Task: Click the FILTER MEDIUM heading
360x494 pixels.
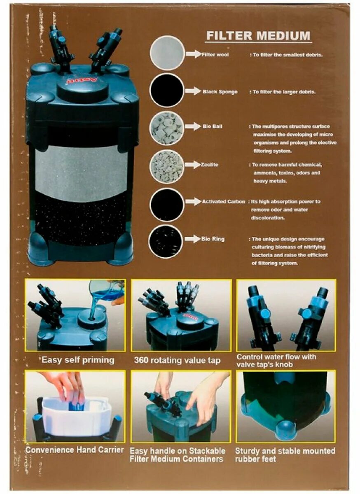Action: pyautogui.click(x=258, y=35)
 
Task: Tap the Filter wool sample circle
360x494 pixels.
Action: pyautogui.click(x=167, y=53)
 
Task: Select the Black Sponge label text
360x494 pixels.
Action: pyautogui.click(x=220, y=92)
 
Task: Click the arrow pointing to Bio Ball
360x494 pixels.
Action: pyautogui.click(x=192, y=126)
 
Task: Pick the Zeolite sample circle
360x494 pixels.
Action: pyautogui.click(x=167, y=166)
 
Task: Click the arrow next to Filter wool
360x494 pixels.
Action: pyautogui.click(x=192, y=54)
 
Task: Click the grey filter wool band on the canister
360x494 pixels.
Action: pyautogui.click(x=81, y=173)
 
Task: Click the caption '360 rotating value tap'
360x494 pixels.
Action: pyautogui.click(x=177, y=361)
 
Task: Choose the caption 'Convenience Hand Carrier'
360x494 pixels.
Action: pyautogui.click(x=75, y=450)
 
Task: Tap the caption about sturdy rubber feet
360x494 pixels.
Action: pyautogui.click(x=285, y=455)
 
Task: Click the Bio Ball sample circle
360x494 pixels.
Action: pyautogui.click(x=167, y=128)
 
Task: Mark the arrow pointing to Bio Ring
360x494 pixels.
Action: pyautogui.click(x=192, y=239)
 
